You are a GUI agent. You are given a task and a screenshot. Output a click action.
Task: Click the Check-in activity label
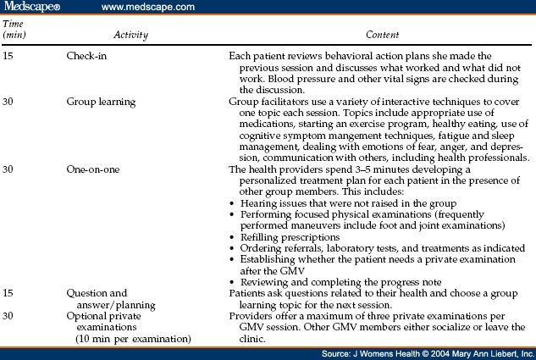[89, 54]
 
